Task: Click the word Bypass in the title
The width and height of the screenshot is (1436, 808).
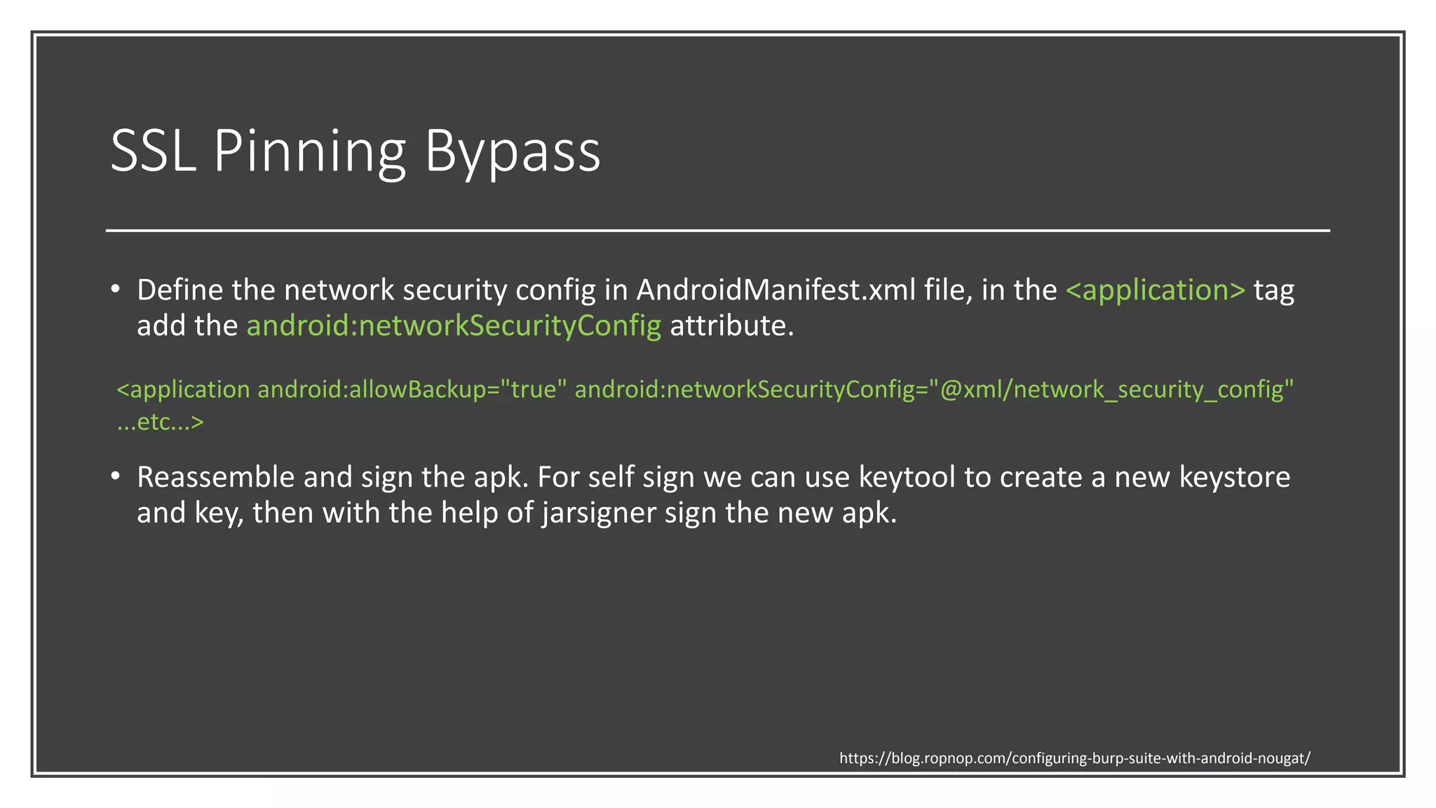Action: click(x=513, y=151)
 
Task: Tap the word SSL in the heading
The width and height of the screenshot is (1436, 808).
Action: click(x=152, y=151)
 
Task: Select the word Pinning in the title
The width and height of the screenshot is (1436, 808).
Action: click(x=309, y=151)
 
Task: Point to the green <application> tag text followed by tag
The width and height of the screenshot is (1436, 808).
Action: click(x=1155, y=290)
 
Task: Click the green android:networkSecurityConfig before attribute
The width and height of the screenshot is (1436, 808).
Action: click(x=454, y=325)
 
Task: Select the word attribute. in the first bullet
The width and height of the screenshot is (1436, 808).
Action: click(x=731, y=325)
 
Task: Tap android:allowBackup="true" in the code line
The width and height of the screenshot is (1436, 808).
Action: click(x=412, y=389)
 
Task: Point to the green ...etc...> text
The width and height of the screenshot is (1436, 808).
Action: click(x=160, y=422)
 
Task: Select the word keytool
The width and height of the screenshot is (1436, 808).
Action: click(x=907, y=477)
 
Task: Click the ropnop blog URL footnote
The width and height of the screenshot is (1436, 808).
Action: click(x=1074, y=758)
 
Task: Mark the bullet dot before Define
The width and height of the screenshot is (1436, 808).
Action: click(x=116, y=289)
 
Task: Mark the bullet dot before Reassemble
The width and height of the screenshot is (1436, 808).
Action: click(x=116, y=476)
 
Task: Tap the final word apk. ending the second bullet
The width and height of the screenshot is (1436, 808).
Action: click(x=869, y=513)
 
